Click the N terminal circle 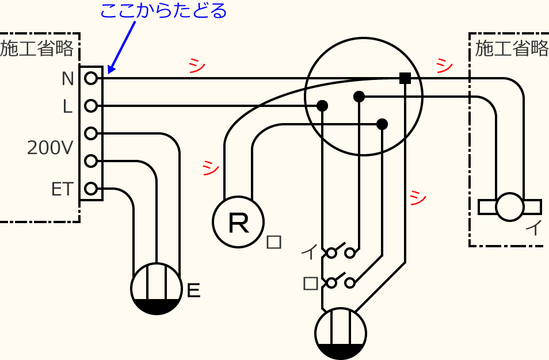(90, 78)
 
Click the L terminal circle (90, 106)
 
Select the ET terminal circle (90, 189)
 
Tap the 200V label (50, 148)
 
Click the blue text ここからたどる (164, 11)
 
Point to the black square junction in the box (405, 78)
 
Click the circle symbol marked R (238, 223)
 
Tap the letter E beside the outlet (194, 291)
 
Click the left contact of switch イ (331, 252)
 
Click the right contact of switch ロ (350, 282)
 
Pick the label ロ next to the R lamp (274, 242)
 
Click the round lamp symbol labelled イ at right (510, 207)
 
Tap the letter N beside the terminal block (68, 79)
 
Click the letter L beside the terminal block (68, 106)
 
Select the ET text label (62, 189)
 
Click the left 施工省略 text (37, 49)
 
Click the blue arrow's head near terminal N (110, 70)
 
